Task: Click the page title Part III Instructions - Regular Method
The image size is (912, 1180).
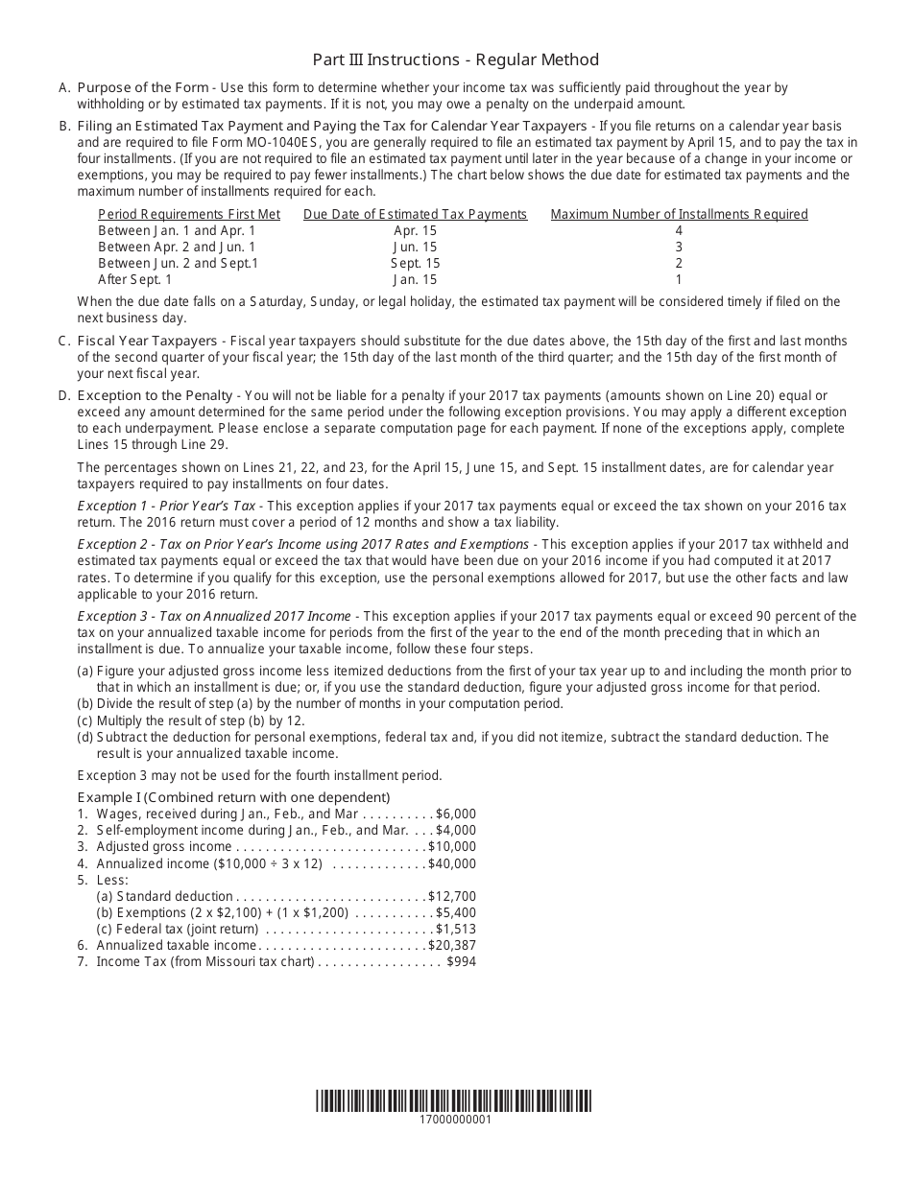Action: coord(455,59)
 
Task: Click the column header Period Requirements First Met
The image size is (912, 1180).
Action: coord(189,214)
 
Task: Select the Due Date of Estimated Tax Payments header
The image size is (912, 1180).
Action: coord(415,214)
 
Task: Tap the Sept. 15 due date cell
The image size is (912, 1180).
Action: coord(415,263)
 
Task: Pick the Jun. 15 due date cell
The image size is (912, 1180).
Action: coord(415,247)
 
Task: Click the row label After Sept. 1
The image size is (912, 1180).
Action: coord(135,279)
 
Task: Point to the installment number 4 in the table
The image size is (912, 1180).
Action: coord(679,230)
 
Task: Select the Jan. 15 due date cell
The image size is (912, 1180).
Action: coord(415,279)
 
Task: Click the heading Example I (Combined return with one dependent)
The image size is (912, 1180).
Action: coord(233,797)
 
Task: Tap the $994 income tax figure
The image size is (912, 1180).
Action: coord(461,961)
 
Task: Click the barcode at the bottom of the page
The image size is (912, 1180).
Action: coord(455,1100)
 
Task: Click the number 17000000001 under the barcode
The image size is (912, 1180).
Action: coord(455,1120)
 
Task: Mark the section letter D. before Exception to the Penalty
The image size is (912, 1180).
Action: coord(63,395)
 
